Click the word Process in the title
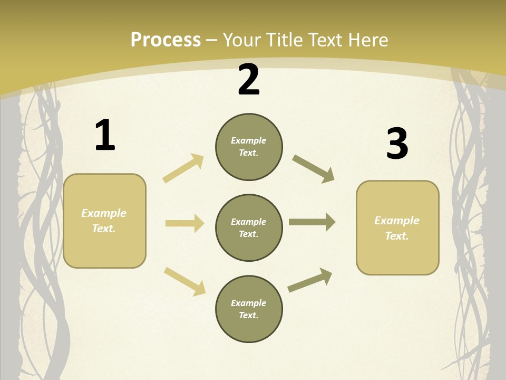166,40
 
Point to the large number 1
105,135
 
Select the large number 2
249,80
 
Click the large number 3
397,144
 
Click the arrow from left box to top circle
183,168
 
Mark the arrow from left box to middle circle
184,223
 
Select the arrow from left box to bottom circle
184,281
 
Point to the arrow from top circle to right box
313,169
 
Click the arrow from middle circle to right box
312,222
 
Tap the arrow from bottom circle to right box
310,280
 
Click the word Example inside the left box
104,213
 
